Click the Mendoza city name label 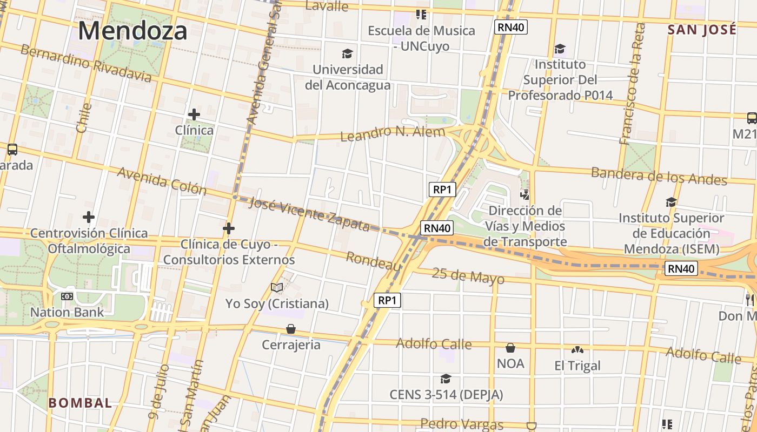click(132, 31)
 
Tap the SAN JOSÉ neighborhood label click(702, 30)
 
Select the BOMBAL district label click(80, 403)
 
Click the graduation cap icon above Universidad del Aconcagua click(347, 53)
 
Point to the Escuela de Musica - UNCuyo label click(421, 38)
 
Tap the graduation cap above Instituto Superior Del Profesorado click(560, 49)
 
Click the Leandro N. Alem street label click(393, 132)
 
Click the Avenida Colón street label click(162, 180)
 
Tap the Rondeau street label click(374, 261)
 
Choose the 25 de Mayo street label click(468, 276)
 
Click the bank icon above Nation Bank click(67, 296)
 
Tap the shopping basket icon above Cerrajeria click(291, 329)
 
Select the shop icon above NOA click(510, 348)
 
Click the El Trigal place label click(577, 366)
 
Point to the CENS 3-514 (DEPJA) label click(446, 395)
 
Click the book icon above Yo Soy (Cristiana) click(277, 288)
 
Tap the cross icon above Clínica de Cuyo click(229, 229)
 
